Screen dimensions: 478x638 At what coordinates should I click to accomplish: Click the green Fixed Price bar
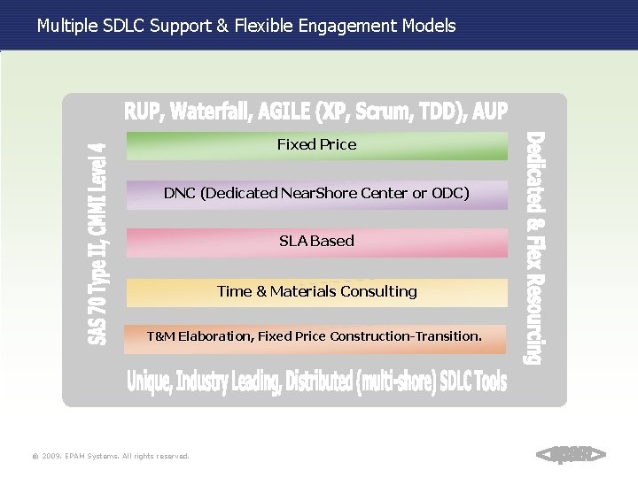point(316,145)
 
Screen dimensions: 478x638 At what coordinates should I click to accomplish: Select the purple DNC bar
point(316,194)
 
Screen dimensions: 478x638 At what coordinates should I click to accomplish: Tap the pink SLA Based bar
point(316,242)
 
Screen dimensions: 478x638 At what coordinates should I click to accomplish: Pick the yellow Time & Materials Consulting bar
point(316,292)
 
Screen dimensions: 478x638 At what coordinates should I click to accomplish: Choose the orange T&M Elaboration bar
point(316,337)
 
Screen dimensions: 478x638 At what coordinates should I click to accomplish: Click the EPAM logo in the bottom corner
point(572,454)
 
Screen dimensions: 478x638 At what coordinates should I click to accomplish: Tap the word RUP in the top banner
point(143,112)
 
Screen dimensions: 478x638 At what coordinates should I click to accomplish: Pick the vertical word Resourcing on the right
point(534,320)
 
